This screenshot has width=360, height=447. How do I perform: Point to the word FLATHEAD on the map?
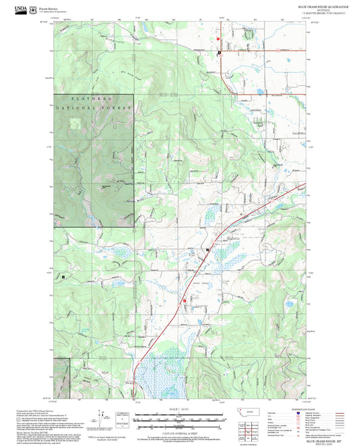93,99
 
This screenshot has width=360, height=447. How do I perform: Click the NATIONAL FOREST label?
93,108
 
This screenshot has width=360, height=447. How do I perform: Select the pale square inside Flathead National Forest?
75,123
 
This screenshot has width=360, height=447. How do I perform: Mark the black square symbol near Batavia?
208,250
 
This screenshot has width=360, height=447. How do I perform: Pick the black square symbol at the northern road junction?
219,53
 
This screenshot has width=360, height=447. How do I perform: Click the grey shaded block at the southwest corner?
61,377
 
